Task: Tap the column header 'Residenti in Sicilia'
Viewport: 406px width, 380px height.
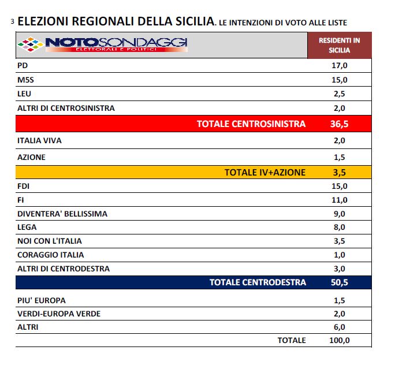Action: pyautogui.click(x=339, y=45)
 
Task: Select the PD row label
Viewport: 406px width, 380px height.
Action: pyautogui.click(x=24, y=66)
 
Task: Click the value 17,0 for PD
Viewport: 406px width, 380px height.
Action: pyautogui.click(x=339, y=66)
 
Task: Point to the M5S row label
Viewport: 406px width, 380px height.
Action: pyautogui.click(x=27, y=80)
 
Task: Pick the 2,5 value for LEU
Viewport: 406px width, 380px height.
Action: pyautogui.click(x=339, y=94)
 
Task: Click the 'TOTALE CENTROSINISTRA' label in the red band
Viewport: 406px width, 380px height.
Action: pyautogui.click(x=251, y=124)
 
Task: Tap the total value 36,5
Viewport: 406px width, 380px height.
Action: pyautogui.click(x=339, y=124)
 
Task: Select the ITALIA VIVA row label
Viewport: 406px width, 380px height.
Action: pyautogui.click(x=40, y=140)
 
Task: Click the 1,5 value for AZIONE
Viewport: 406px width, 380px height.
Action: pyautogui.click(x=339, y=157)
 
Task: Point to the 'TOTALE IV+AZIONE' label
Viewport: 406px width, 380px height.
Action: pyautogui.click(x=265, y=172)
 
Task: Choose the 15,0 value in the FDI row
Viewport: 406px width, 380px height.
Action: pyautogui.click(x=339, y=186)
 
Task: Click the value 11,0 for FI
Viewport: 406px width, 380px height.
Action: pyautogui.click(x=339, y=200)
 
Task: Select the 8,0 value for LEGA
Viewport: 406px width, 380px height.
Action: pyautogui.click(x=339, y=228)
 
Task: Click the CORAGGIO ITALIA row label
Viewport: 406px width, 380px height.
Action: pyautogui.click(x=51, y=255)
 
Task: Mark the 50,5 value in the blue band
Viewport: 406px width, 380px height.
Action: pyautogui.click(x=339, y=282)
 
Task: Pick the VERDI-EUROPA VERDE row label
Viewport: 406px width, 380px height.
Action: pyautogui.click(x=59, y=313)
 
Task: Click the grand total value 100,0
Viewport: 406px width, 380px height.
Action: pyautogui.click(x=339, y=340)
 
